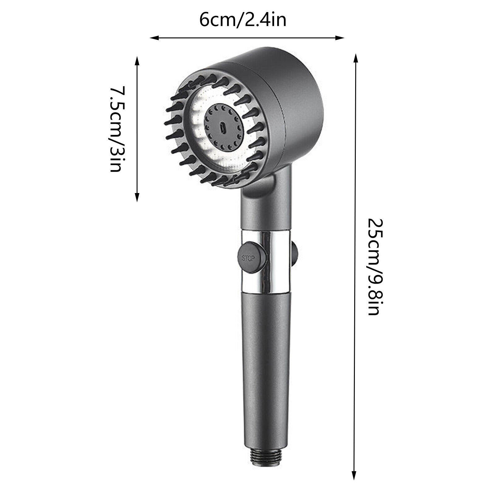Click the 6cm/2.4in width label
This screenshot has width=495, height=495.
[x=243, y=21]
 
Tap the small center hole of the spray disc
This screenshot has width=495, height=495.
[x=222, y=127]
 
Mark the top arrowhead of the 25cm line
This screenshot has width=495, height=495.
[x=355, y=58]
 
